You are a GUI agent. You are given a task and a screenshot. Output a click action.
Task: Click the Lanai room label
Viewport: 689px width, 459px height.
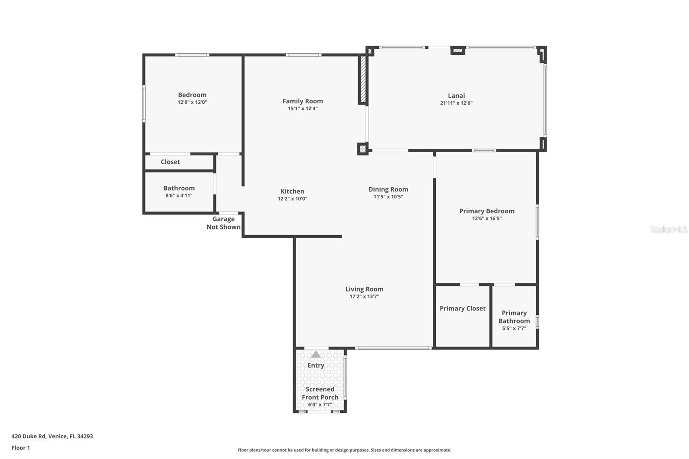coord(456,96)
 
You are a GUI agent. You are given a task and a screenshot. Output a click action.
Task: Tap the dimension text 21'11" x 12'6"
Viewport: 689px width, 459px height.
coord(456,103)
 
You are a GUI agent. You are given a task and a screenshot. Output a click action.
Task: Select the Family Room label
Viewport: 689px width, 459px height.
coord(302,101)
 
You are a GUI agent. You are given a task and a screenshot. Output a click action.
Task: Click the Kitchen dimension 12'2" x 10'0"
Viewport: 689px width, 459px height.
coord(292,198)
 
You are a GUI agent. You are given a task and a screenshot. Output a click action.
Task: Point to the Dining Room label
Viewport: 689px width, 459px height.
coord(388,189)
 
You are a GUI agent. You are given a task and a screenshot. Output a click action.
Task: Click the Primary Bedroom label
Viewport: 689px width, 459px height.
coord(487,211)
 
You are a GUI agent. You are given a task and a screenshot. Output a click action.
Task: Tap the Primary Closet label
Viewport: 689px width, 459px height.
coord(462,308)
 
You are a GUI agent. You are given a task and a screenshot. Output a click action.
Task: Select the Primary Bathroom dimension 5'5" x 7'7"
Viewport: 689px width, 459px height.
coord(514,328)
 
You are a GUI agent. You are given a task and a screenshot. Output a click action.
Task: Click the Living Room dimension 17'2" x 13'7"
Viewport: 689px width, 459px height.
coord(364,296)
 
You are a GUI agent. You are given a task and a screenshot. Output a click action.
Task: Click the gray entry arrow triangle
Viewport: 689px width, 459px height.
coord(316,354)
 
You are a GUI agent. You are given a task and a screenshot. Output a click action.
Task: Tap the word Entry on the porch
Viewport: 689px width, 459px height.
coord(316,365)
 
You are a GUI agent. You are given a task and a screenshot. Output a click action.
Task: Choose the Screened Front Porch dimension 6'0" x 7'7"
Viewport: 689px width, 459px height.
coord(320,404)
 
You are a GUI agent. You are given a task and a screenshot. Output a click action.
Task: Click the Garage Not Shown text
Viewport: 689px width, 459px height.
coord(223,223)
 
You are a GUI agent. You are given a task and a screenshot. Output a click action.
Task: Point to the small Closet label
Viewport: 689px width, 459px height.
coord(170,162)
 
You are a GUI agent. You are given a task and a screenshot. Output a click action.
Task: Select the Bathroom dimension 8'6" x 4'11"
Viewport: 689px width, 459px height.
coord(179,195)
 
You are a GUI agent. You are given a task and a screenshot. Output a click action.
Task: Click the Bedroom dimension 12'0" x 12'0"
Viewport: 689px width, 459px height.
coord(192,102)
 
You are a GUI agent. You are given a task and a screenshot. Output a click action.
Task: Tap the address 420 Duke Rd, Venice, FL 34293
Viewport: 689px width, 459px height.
coord(52,436)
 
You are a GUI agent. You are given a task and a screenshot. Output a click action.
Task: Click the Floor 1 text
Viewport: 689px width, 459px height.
coord(21,448)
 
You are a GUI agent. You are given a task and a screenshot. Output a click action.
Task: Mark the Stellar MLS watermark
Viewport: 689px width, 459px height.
coord(668,229)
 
